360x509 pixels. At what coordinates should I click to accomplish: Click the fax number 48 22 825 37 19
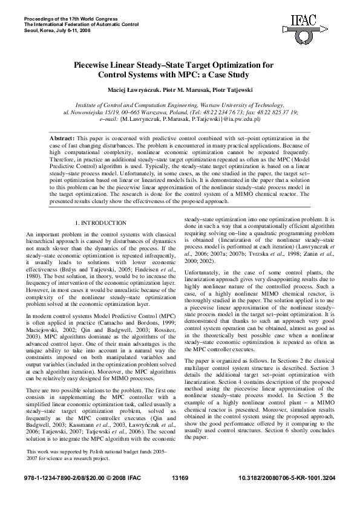[x=272, y=112]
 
